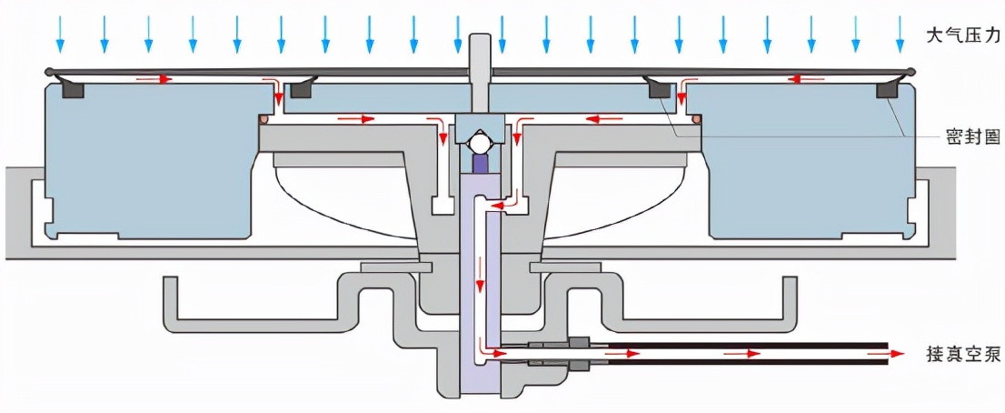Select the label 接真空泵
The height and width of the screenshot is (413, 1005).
962,353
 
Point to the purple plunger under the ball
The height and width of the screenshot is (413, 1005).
481,164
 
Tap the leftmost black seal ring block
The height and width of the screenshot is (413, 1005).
73,90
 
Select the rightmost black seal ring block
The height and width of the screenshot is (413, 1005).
888,90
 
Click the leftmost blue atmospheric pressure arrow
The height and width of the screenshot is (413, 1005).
60,34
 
